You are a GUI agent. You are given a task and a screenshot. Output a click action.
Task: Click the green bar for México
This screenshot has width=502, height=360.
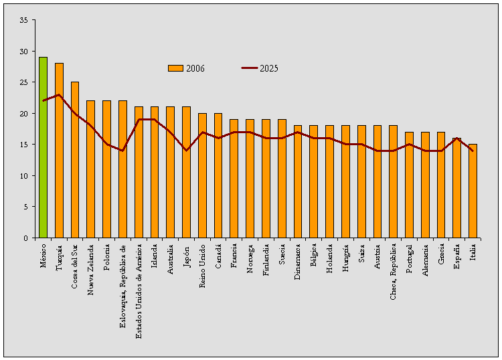[43, 147]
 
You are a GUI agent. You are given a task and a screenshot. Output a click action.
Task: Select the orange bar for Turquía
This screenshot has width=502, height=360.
[59, 151]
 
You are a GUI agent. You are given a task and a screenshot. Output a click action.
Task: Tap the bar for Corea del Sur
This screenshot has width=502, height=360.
[75, 160]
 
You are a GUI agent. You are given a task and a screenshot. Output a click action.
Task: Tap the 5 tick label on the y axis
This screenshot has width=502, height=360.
[25, 207]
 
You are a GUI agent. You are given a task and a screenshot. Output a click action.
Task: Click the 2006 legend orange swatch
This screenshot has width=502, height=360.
[175, 68]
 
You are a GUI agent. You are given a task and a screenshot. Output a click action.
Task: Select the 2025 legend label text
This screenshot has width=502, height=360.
[269, 68]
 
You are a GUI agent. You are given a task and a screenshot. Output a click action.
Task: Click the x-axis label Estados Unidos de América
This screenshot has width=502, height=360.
[139, 292]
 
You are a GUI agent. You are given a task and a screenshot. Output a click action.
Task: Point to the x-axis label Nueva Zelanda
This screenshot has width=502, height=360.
[91, 270]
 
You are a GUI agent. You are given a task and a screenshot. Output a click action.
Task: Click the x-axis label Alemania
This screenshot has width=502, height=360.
[425, 264]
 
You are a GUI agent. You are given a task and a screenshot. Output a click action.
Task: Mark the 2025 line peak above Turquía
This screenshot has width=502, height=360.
[59, 95]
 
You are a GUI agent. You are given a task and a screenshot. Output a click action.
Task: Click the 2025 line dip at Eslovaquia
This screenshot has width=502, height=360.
[122, 151]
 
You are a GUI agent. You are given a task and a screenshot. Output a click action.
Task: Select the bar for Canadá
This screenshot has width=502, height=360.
[218, 175]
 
